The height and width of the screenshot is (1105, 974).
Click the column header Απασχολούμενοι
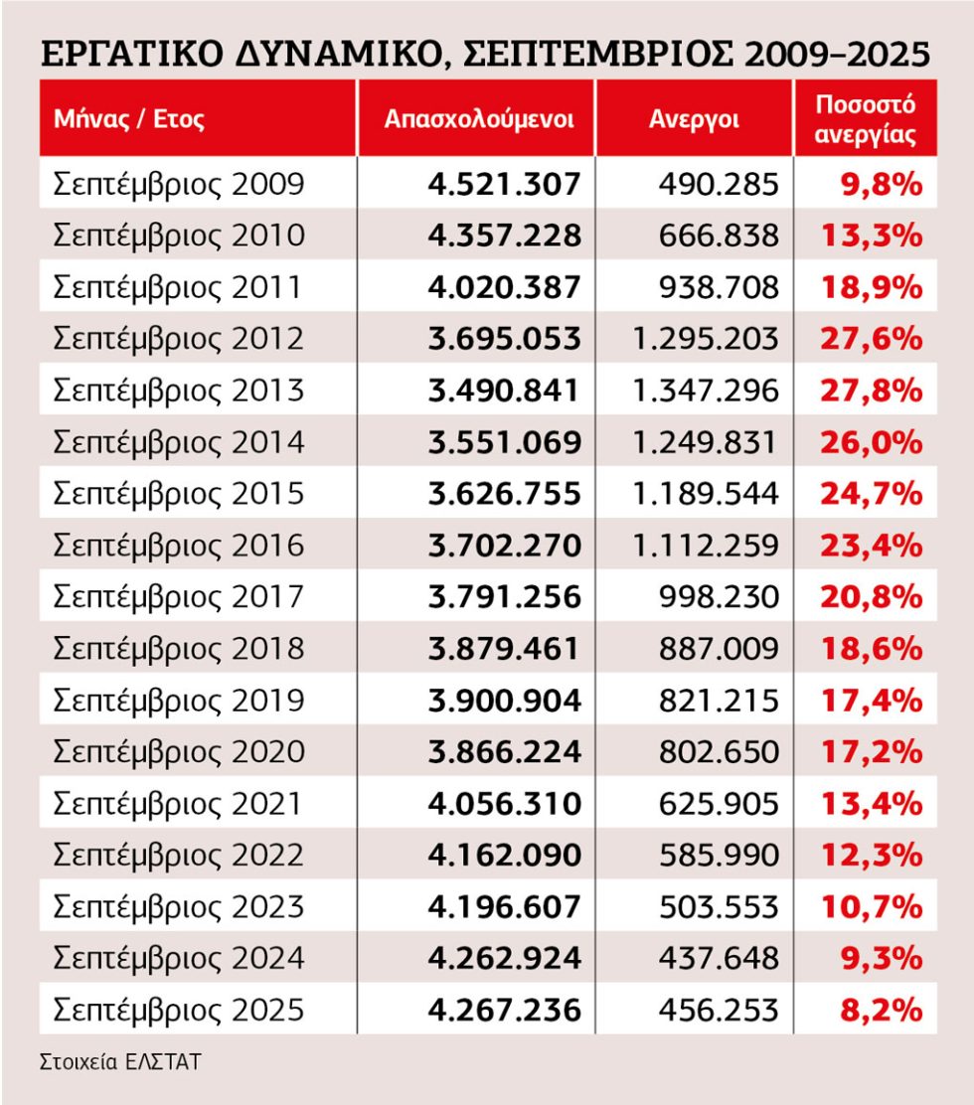click(x=478, y=119)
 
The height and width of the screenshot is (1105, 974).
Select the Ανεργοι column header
click(x=694, y=119)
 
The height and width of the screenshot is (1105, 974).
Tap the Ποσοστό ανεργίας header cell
click(x=866, y=119)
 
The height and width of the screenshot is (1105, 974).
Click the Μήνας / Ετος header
click(x=129, y=118)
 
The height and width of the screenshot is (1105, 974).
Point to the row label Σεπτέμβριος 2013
click(x=178, y=391)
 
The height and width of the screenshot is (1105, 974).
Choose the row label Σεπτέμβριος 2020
click(x=178, y=752)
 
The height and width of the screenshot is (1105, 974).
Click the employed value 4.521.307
click(x=504, y=184)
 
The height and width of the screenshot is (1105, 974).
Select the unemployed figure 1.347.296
click(x=706, y=391)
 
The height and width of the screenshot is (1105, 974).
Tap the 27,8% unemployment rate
click(x=872, y=391)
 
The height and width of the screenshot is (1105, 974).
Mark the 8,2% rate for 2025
click(x=881, y=1010)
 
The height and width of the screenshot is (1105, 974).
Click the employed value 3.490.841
click(x=503, y=391)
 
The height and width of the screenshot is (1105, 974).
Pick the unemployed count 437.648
click(x=719, y=958)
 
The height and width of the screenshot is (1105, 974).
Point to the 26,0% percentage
click(x=872, y=442)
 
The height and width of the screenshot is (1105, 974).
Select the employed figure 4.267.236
click(x=504, y=1010)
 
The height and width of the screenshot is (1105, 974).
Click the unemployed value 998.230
click(x=719, y=597)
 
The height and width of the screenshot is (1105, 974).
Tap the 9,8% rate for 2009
click(x=881, y=184)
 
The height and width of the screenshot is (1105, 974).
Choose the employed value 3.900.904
click(x=504, y=701)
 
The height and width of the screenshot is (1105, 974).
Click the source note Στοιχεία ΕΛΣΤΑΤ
click(x=120, y=1061)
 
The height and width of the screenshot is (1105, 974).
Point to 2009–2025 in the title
click(x=837, y=55)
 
